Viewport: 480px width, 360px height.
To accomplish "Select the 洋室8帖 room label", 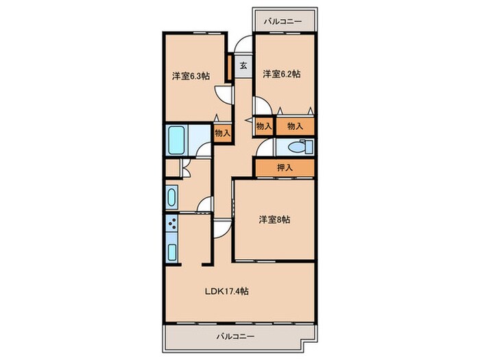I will [x=274, y=220].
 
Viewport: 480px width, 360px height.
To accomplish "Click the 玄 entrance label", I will [x=243, y=67].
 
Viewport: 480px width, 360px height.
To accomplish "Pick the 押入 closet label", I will [x=285, y=167].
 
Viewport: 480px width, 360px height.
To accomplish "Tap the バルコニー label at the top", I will [x=283, y=22].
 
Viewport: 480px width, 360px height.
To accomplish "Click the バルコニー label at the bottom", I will [x=236, y=337].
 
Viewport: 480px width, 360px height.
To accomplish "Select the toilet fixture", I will [x=300, y=147].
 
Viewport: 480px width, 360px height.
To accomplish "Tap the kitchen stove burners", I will [x=171, y=224].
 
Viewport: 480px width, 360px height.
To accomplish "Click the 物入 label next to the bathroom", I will [x=222, y=133].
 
